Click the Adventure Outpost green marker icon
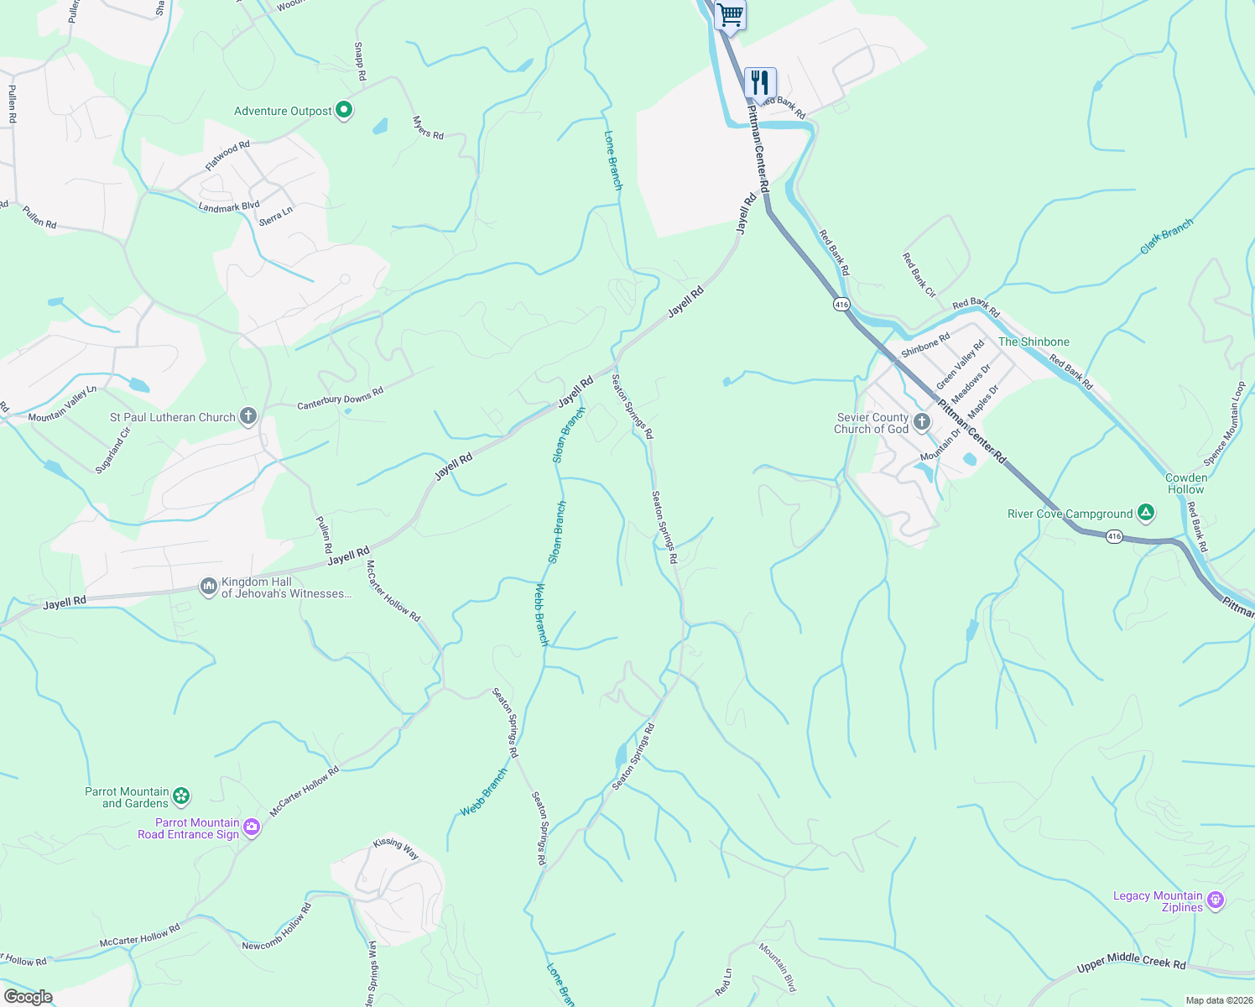tap(343, 110)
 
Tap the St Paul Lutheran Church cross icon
tap(248, 416)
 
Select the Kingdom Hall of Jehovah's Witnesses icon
tap(209, 587)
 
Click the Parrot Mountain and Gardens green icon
tap(181, 796)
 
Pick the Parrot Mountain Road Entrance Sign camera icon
tap(252, 828)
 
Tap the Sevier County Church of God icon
tap(922, 422)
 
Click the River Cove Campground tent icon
tap(1146, 513)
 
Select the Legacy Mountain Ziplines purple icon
tap(1216, 900)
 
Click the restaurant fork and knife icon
tap(760, 83)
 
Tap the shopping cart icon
tap(731, 13)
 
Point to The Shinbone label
tap(1034, 342)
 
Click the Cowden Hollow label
tap(1186, 483)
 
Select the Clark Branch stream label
tap(1166, 237)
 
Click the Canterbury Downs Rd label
tap(340, 399)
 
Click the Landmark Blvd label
tap(229, 206)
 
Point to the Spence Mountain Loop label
tap(1226, 424)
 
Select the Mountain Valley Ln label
tap(63, 404)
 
